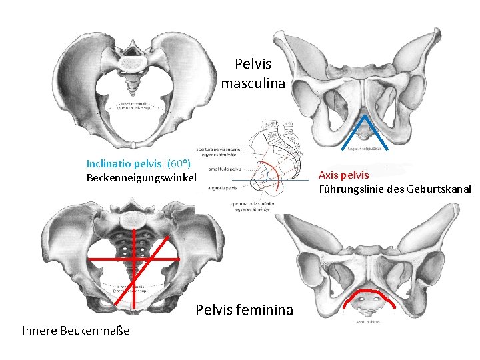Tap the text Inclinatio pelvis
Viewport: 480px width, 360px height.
point(125,163)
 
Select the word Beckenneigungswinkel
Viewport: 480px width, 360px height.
point(142,178)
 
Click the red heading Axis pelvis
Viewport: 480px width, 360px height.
point(343,175)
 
